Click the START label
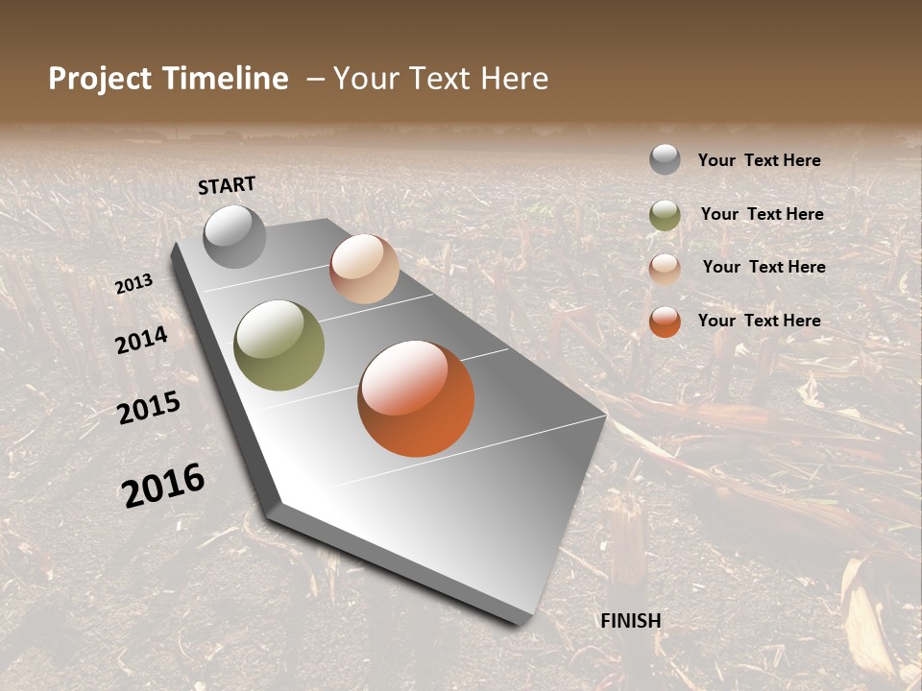227,185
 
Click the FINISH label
631,621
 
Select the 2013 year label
134,284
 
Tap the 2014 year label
142,340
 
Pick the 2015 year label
149,408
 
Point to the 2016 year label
163,486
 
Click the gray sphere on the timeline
235,236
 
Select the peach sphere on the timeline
364,269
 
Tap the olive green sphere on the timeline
279,345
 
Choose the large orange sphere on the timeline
416,398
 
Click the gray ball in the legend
665,159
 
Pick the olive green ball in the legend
665,215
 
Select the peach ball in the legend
665,269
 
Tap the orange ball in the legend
665,322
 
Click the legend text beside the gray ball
759,160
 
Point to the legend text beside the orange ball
759,321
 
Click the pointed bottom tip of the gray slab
523,622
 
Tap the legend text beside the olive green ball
762,214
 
